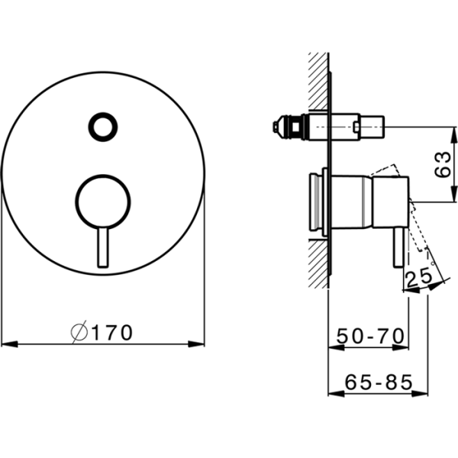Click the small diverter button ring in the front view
[x=102, y=124]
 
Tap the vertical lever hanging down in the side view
[x=397, y=247]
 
